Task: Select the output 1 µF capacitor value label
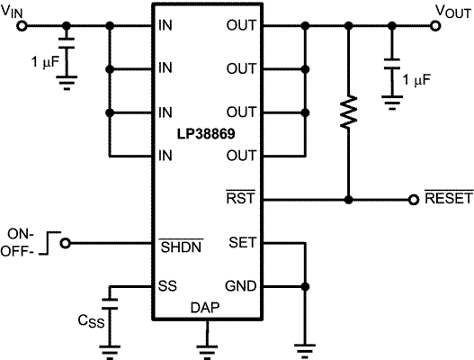tap(417, 80)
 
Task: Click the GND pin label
tap(242, 287)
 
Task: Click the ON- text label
tap(20, 229)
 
